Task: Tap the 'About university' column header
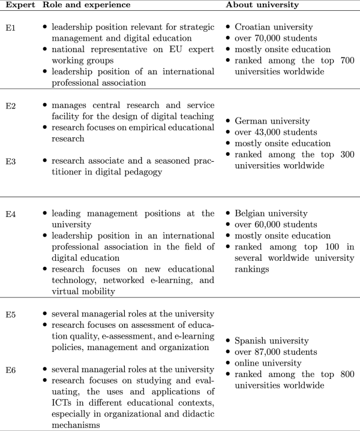click(263, 5)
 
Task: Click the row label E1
click(10, 28)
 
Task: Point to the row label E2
click(10, 106)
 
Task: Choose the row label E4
click(10, 213)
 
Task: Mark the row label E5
click(10, 314)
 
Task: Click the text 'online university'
click(268, 363)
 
